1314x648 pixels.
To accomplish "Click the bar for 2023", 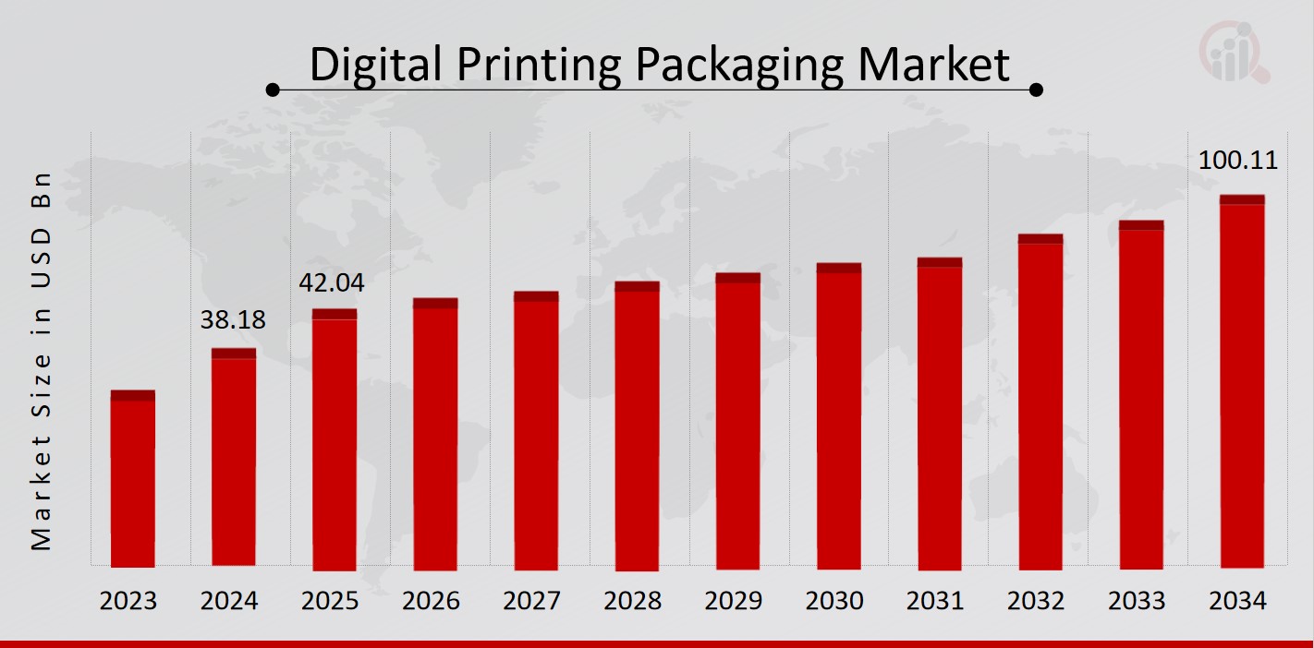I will (133, 479).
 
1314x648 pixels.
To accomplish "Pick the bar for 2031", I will (940, 414).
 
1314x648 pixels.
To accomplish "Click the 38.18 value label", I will (233, 321).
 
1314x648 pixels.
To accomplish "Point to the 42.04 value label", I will (332, 283).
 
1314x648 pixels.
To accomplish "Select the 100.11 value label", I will (1237, 161).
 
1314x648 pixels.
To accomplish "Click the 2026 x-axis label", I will (431, 601).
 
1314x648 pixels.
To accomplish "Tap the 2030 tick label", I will (834, 601).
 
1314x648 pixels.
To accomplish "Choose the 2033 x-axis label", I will (1137, 601).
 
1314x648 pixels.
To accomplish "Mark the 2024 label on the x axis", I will (229, 601).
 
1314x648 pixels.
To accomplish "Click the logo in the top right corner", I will (1235, 53).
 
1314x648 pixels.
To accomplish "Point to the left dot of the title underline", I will (273, 90).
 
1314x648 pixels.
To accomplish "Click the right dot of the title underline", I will (1037, 90).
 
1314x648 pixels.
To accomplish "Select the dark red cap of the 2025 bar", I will (334, 314).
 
